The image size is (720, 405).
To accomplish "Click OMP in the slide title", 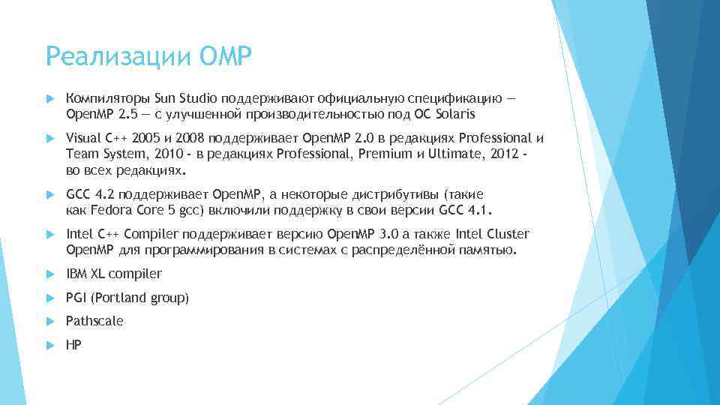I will click(x=222, y=55).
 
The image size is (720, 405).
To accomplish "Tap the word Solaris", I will click(x=454, y=115).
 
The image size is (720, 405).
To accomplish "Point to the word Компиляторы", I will click(x=108, y=98).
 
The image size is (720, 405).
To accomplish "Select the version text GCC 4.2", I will click(x=89, y=194).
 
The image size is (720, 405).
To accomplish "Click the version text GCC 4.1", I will click(x=470, y=209).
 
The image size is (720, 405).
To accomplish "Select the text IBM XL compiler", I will click(x=114, y=274).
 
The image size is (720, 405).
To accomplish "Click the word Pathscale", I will click(x=94, y=321).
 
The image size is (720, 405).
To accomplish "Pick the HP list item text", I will click(x=73, y=344).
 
